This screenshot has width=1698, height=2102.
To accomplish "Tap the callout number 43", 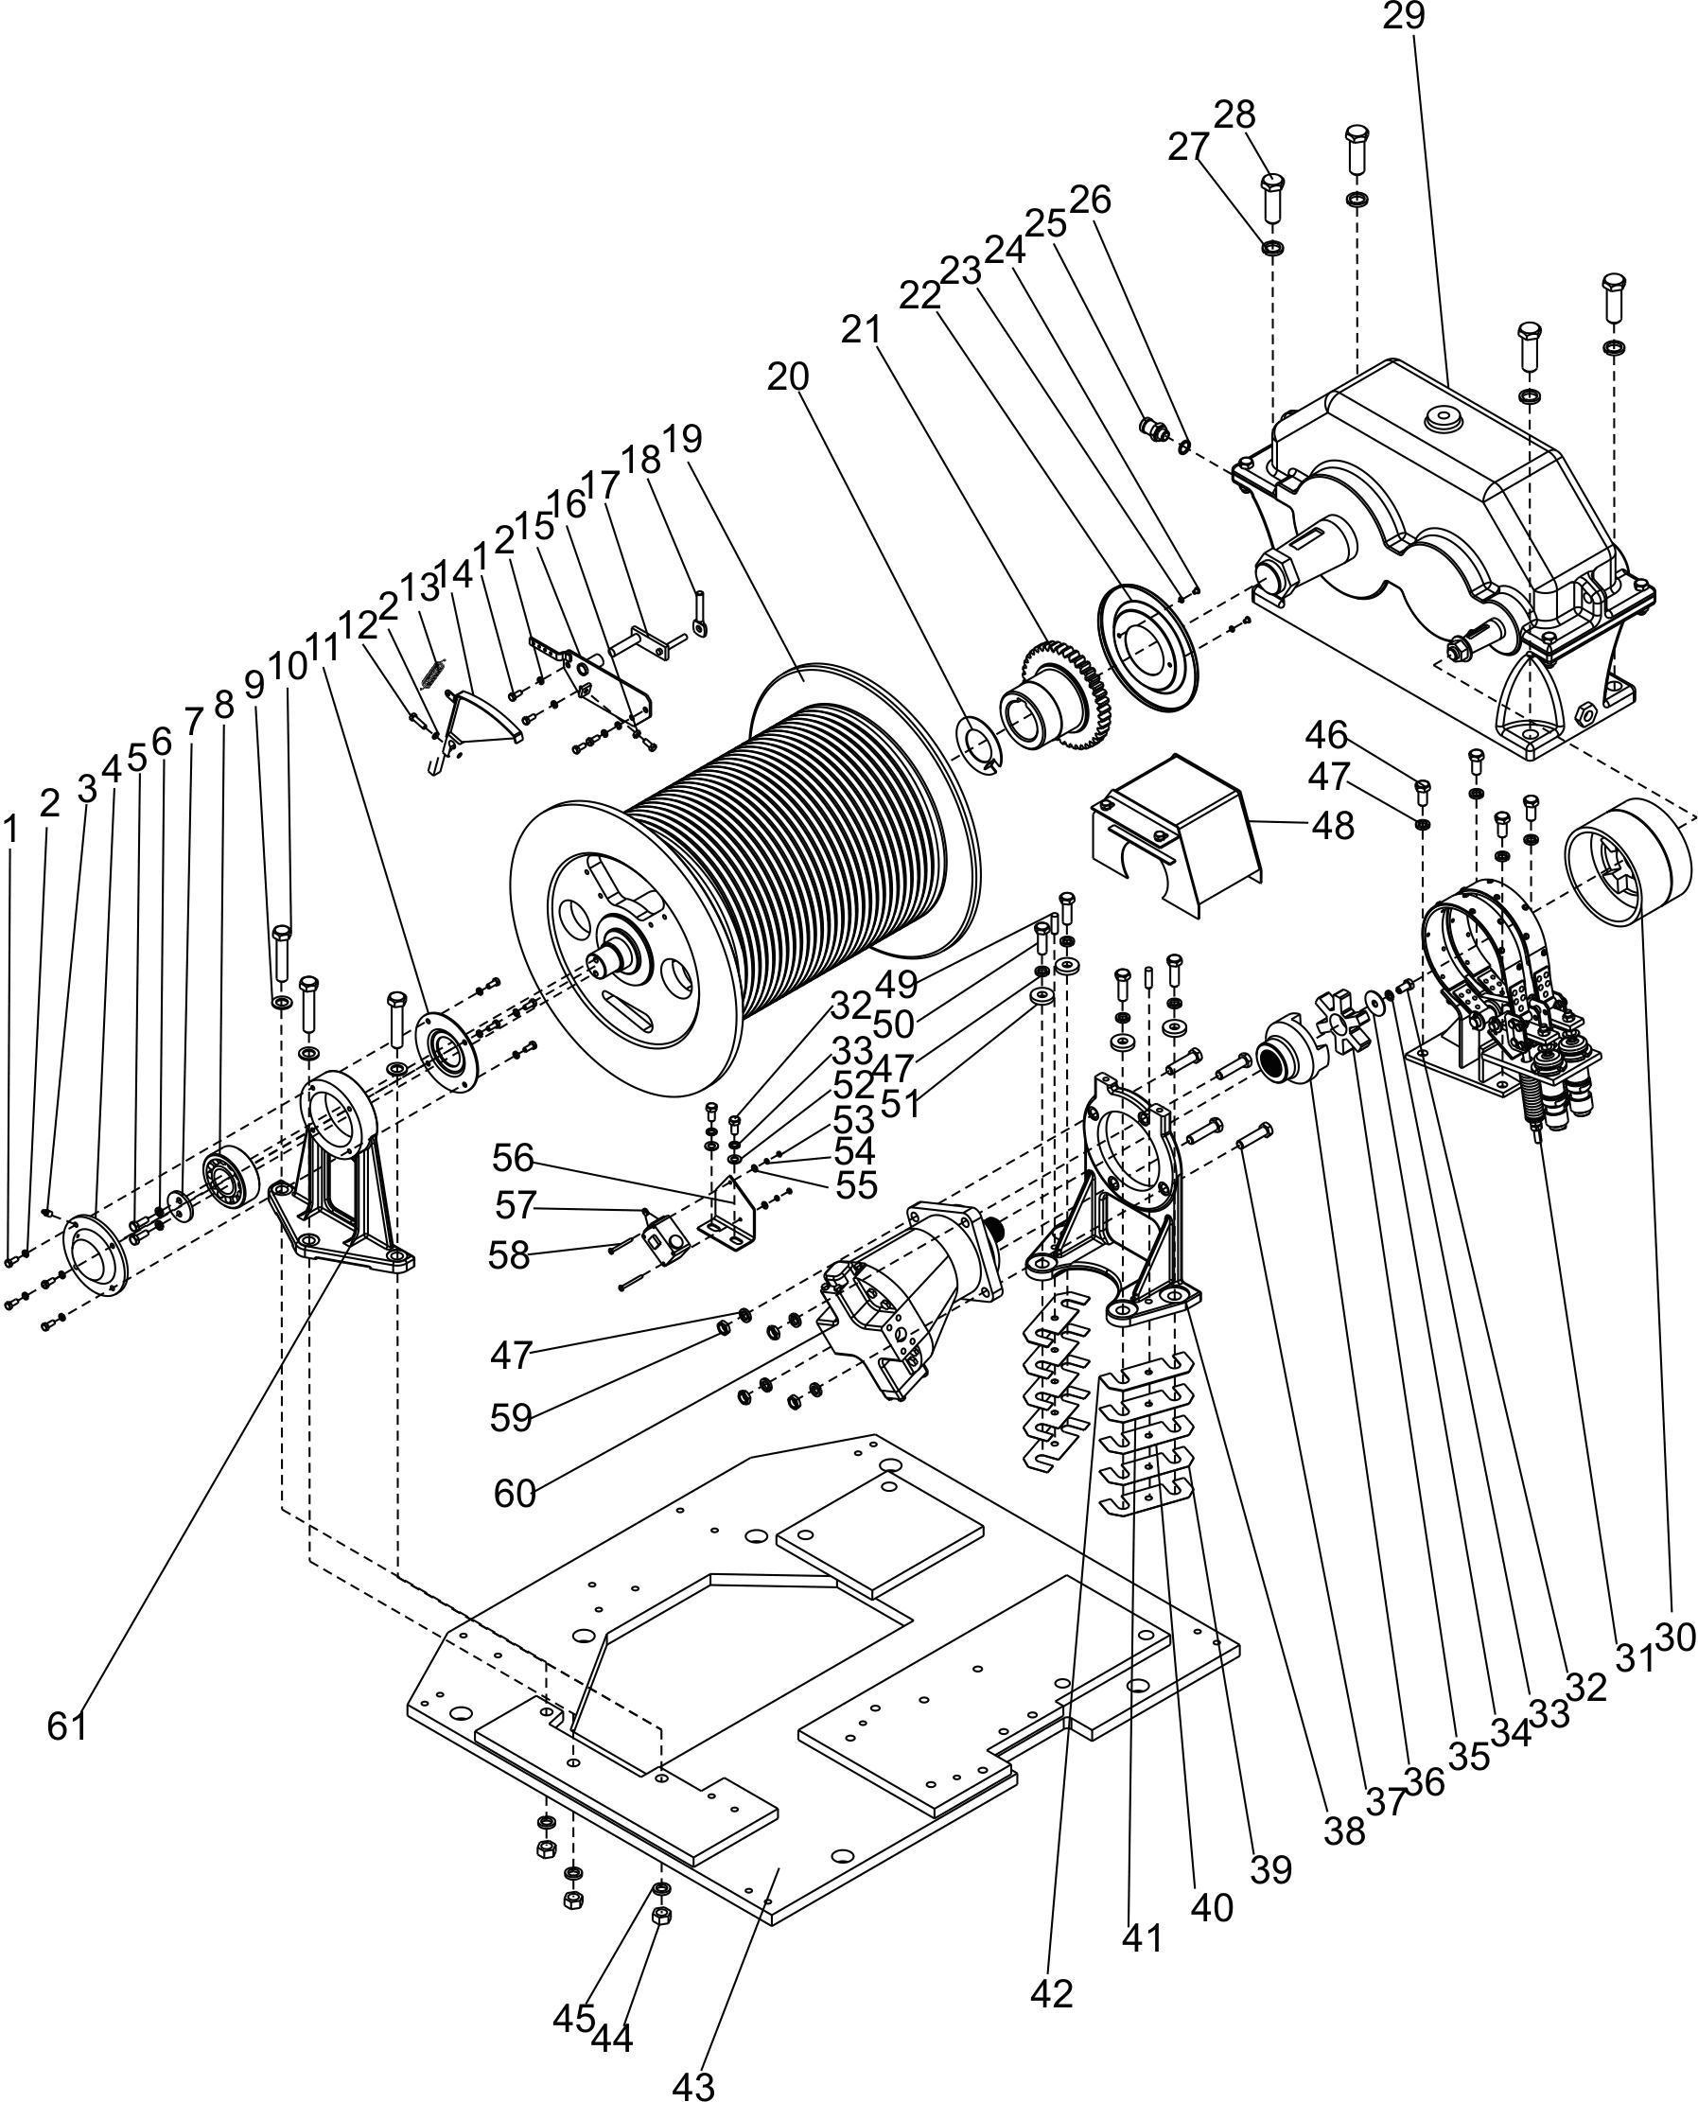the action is click(692, 2084).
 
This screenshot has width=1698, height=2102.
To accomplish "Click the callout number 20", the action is click(788, 376).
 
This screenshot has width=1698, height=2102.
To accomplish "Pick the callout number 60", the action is click(516, 1495).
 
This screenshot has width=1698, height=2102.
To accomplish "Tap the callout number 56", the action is click(514, 1159).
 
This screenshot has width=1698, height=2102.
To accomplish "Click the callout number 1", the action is click(10, 832).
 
